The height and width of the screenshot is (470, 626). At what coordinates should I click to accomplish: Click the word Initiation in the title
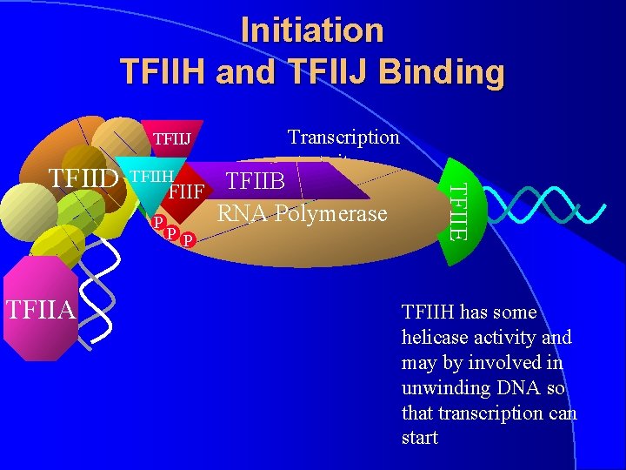[312, 30]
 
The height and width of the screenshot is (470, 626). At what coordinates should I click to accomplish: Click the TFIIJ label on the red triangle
[172, 138]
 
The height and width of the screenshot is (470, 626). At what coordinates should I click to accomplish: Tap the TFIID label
[83, 178]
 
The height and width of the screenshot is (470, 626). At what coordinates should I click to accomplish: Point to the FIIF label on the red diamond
[186, 190]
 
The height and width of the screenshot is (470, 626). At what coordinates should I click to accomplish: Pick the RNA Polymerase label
[302, 212]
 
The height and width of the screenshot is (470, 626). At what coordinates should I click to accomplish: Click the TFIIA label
[40, 308]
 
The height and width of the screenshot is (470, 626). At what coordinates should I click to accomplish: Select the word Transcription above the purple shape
[343, 137]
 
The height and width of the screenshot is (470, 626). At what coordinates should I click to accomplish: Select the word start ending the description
[419, 437]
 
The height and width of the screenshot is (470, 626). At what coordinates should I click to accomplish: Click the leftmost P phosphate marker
[157, 222]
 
